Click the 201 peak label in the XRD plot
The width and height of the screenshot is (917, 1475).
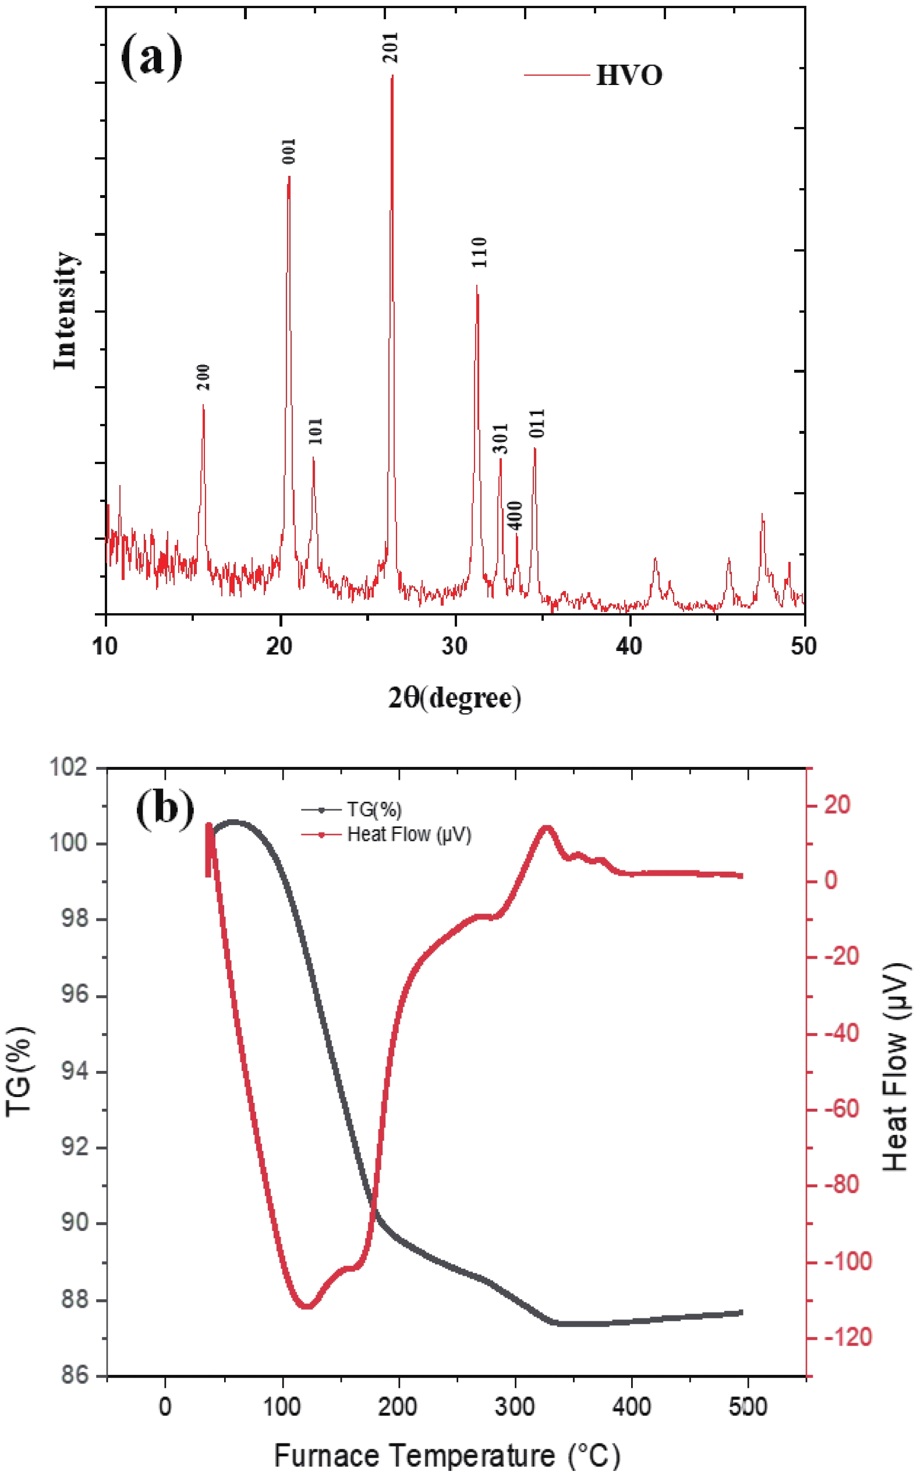391,47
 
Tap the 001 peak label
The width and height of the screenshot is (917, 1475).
289,151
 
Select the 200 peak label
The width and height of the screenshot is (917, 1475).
203,377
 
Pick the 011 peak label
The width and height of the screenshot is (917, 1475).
537,423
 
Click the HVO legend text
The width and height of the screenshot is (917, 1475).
629,75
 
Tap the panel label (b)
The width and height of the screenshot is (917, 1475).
164,809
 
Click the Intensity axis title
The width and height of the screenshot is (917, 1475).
65,310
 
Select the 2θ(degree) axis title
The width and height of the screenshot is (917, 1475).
454,698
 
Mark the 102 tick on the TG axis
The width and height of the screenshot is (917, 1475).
68,767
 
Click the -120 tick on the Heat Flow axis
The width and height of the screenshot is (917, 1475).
847,1337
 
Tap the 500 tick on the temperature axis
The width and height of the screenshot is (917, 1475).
748,1406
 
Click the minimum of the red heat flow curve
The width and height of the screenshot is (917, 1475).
307,1306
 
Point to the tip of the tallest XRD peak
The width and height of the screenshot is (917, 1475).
392,76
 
